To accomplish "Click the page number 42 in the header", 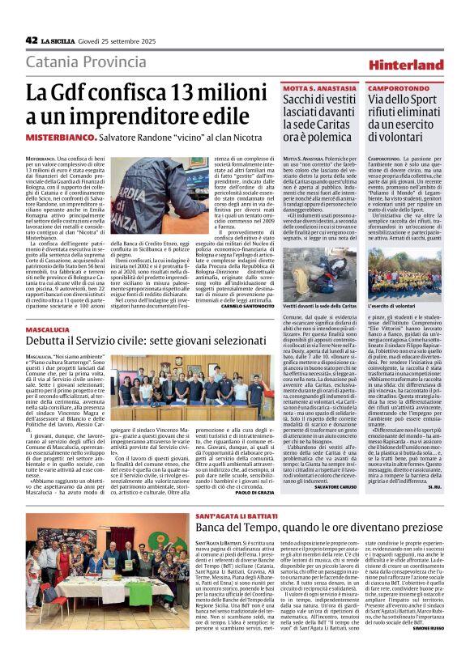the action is pyautogui.click(x=32, y=40).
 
